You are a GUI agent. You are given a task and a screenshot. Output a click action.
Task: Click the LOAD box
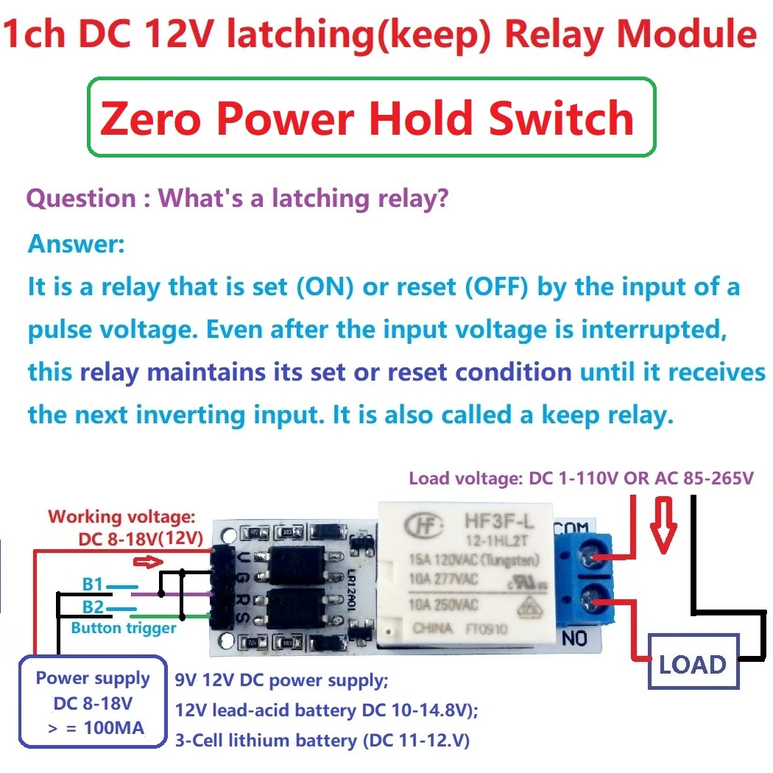click(x=692, y=665)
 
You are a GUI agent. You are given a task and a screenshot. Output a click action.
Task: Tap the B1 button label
click(x=93, y=585)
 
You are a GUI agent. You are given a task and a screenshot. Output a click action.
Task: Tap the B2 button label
click(x=93, y=607)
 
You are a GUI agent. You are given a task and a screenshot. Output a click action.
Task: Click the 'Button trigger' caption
click(x=124, y=628)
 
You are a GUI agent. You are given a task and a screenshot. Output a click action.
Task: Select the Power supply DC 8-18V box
click(x=93, y=702)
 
